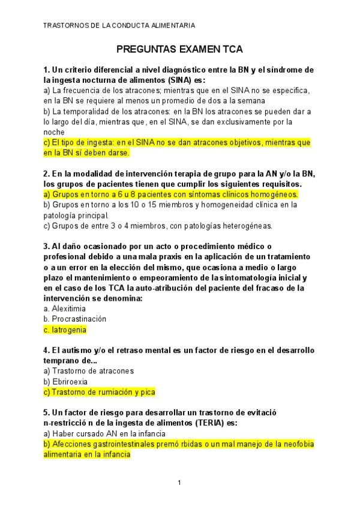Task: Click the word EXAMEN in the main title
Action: coord(201,49)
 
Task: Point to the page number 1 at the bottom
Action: coord(179,483)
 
